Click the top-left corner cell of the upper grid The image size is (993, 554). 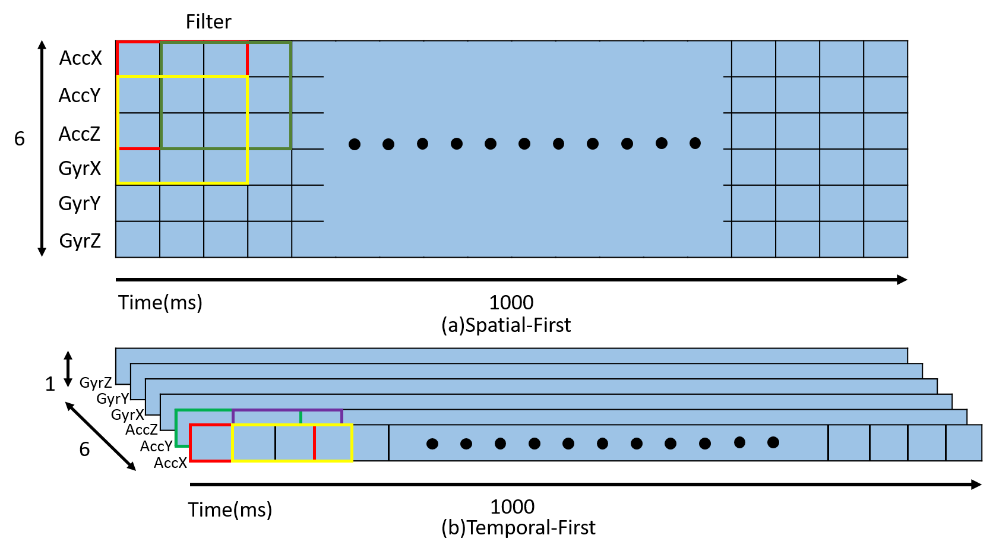138,59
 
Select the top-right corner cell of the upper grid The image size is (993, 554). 885,59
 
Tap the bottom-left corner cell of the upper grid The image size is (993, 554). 138,239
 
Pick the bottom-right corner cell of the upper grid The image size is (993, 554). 885,239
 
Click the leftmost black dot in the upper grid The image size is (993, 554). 355,144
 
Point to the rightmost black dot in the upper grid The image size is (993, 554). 695,143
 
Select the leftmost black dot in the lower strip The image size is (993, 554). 432,444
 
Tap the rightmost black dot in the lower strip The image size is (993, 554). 773,442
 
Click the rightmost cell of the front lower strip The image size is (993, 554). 963,442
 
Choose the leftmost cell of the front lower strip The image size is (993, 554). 211,443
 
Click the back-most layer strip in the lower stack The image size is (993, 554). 511,355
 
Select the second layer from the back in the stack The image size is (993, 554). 526,371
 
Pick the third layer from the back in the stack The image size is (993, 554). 540,386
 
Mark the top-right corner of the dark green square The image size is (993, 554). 290,43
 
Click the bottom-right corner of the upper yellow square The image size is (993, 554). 247,182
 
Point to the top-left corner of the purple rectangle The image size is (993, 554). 233,410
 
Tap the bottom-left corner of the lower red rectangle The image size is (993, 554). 191,460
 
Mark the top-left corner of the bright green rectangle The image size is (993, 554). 176,410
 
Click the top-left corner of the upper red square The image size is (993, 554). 118,42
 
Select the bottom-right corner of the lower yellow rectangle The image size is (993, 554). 352,460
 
